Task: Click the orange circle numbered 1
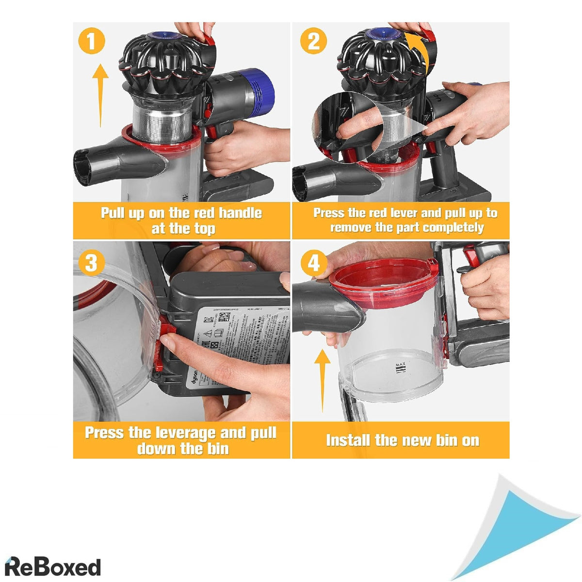(x=92, y=41)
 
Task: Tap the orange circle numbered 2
(x=314, y=41)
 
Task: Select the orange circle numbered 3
(x=92, y=263)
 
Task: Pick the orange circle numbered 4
(x=314, y=263)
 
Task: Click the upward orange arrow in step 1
(x=100, y=95)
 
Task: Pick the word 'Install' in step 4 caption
(x=348, y=440)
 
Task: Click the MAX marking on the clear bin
(x=401, y=368)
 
